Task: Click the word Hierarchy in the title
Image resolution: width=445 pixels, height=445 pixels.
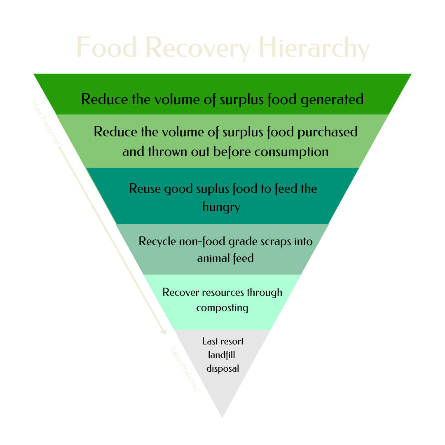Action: pyautogui.click(x=314, y=48)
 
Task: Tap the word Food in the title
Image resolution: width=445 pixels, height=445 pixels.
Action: pyautogui.click(x=106, y=47)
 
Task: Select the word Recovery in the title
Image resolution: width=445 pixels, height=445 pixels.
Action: pyautogui.click(x=198, y=48)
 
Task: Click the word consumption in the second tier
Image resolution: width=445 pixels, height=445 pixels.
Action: pyautogui.click(x=291, y=152)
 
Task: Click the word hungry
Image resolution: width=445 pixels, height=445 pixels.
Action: pyautogui.click(x=221, y=206)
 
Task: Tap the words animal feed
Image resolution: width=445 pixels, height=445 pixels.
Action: pyautogui.click(x=225, y=258)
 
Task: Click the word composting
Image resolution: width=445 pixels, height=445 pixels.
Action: pyautogui.click(x=222, y=308)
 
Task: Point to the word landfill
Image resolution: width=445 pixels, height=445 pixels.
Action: pyautogui.click(x=222, y=355)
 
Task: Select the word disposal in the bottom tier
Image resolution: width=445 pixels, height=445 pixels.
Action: pyautogui.click(x=222, y=368)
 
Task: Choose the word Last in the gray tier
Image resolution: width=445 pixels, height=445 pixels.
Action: pyautogui.click(x=210, y=341)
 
